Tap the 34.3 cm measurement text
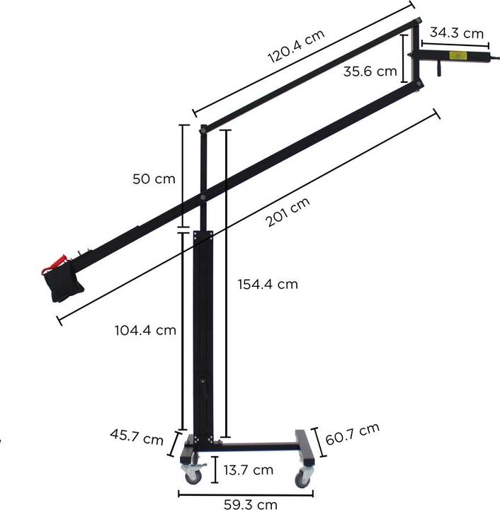pos(456,33)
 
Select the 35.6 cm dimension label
pos(370,71)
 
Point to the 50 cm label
pos(153,178)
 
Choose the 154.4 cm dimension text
pos(266,284)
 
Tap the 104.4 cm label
pos(145,329)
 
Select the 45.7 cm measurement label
pos(137,436)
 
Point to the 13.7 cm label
pos(249,470)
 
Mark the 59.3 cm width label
pos(251,504)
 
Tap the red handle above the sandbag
pos(55,263)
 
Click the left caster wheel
pos(190,476)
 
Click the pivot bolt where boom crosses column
pos(203,196)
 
